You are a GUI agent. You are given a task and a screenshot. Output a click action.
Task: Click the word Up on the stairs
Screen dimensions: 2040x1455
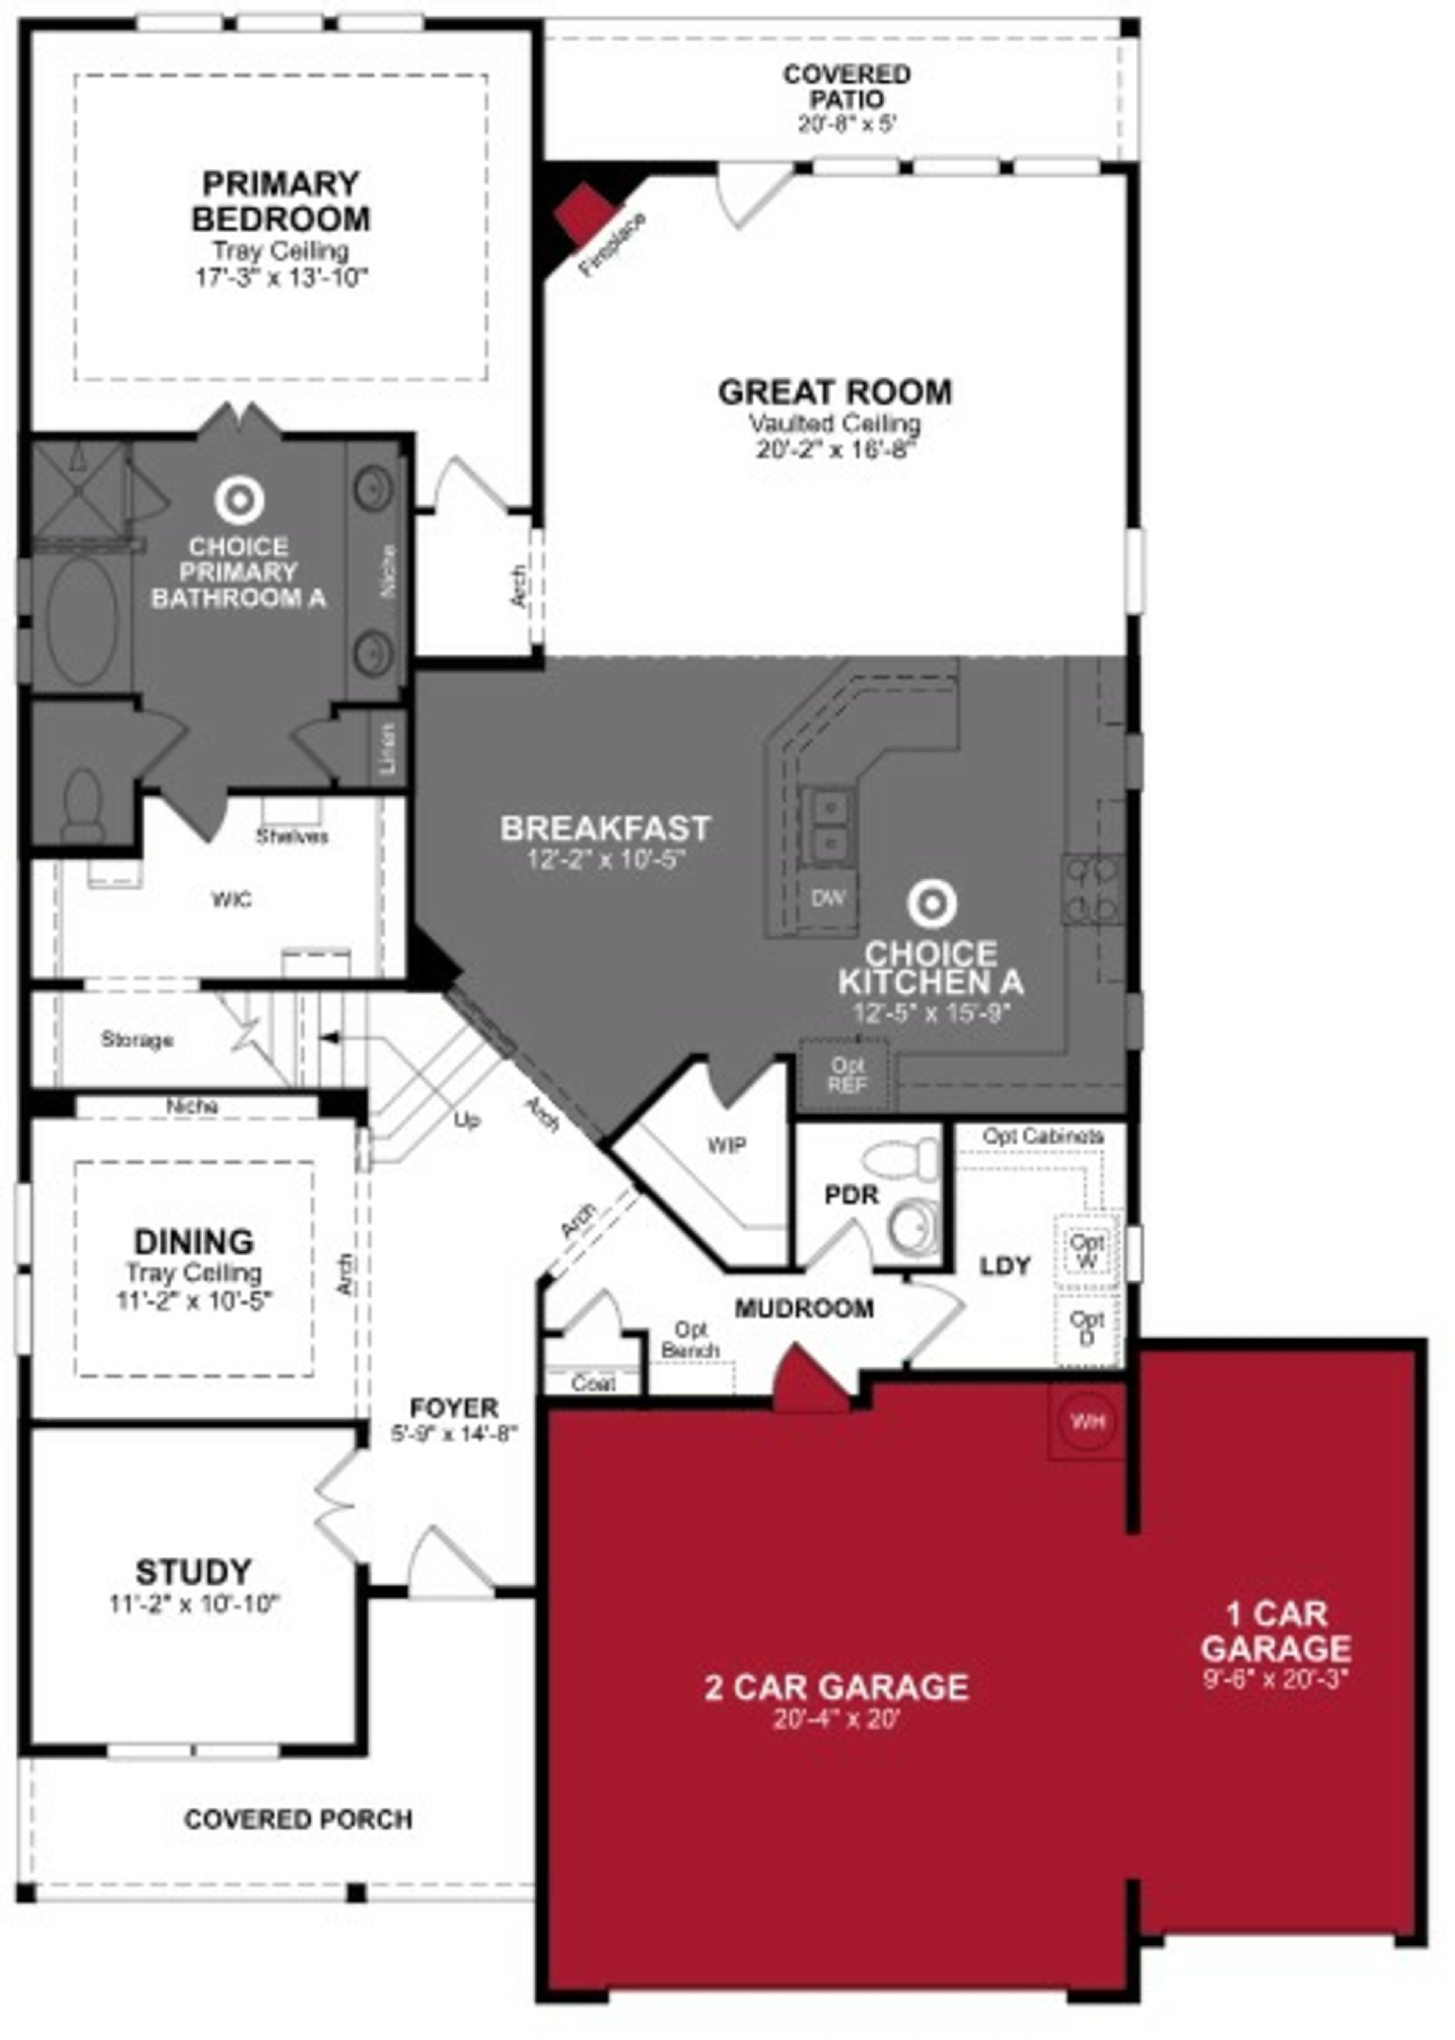click(467, 1120)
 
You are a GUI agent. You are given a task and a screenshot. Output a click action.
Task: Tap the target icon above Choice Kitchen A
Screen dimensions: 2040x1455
click(931, 904)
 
